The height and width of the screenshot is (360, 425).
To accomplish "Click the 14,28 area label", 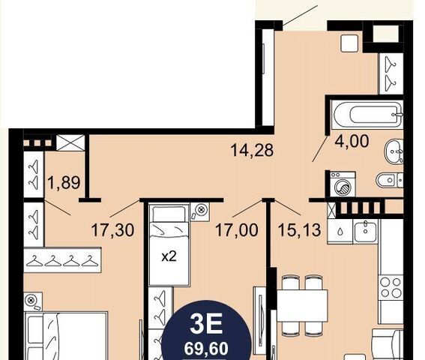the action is [252, 150].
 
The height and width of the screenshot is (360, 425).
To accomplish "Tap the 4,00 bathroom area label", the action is [352, 141].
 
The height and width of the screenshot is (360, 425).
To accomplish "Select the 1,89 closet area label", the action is [64, 182].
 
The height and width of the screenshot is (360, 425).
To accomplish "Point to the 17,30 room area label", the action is [112, 230].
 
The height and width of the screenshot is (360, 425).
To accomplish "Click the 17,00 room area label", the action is [236, 230].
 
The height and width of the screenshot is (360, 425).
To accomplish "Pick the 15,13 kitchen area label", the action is [300, 230].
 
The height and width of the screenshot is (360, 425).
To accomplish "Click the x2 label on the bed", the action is [169, 256].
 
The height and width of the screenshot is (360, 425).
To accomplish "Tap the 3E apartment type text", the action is [206, 324].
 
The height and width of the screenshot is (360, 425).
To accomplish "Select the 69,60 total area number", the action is [206, 349].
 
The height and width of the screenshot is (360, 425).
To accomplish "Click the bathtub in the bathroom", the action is [368, 114].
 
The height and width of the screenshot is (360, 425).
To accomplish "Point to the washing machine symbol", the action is [343, 184].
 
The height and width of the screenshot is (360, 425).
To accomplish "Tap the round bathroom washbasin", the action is [394, 151].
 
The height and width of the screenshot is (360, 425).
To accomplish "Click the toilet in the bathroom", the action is [390, 179].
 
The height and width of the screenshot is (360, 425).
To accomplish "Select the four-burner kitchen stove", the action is [391, 287].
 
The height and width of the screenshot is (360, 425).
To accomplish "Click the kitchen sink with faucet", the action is [365, 231].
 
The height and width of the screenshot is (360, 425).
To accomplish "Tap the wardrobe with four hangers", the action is [62, 260].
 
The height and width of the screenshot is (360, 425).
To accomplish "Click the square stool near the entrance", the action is [349, 43].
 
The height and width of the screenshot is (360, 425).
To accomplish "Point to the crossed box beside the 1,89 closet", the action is [70, 142].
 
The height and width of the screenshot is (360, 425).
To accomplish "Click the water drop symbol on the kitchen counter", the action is [340, 232].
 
